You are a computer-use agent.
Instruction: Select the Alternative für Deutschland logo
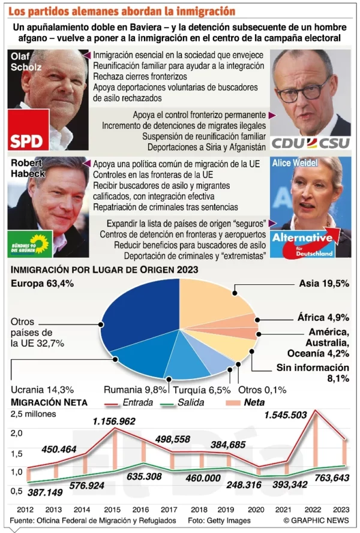[x=310, y=241]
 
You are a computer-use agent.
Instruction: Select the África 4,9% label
[x=325, y=318]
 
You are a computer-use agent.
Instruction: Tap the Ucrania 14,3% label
[x=35, y=389]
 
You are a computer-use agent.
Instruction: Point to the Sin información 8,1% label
[x=313, y=372]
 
